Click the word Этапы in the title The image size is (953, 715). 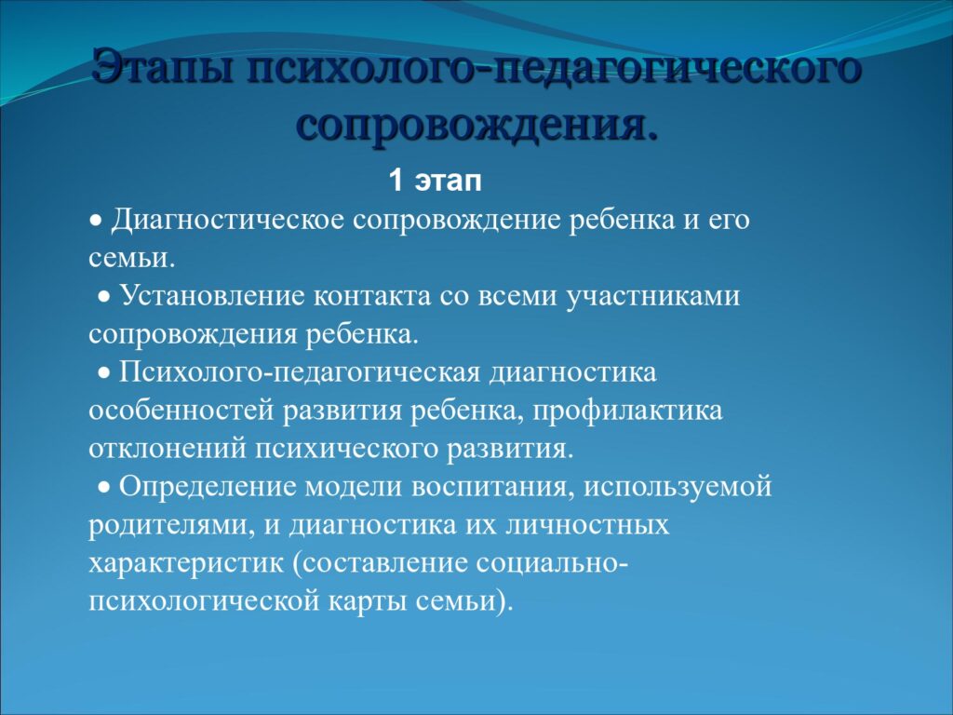click(163, 66)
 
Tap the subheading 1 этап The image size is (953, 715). click(436, 181)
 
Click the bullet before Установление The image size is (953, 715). click(104, 297)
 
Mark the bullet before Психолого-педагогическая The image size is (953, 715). click(104, 373)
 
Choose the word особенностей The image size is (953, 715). click(181, 411)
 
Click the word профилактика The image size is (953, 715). click(628, 411)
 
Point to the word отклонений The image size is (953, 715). click(168, 450)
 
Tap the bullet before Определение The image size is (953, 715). click(104, 488)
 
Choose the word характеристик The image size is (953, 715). click(186, 563)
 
